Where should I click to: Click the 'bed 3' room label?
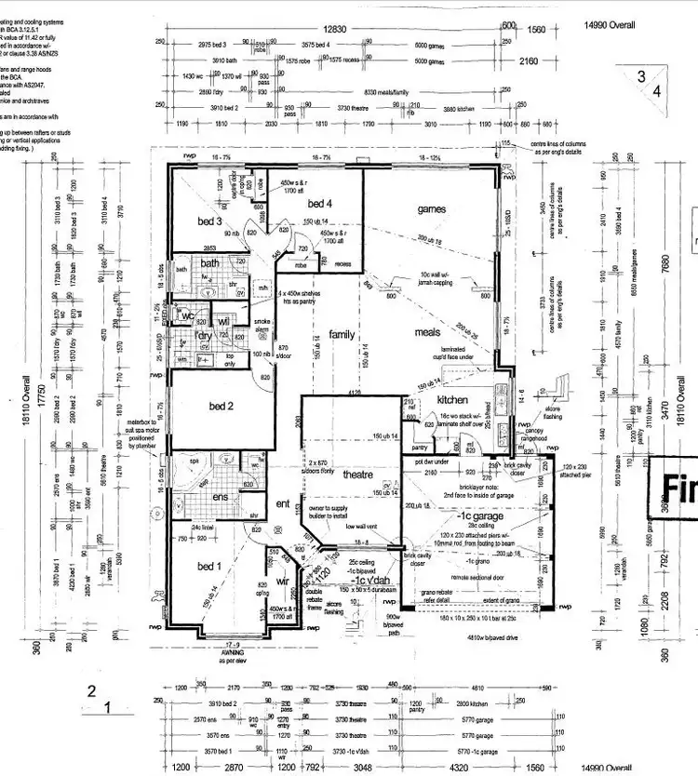(x=209, y=221)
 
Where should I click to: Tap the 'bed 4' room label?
(x=319, y=203)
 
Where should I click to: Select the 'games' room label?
(x=432, y=209)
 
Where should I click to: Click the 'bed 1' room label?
(x=209, y=566)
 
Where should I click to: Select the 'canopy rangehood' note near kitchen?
(x=534, y=433)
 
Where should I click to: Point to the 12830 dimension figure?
(x=336, y=30)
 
